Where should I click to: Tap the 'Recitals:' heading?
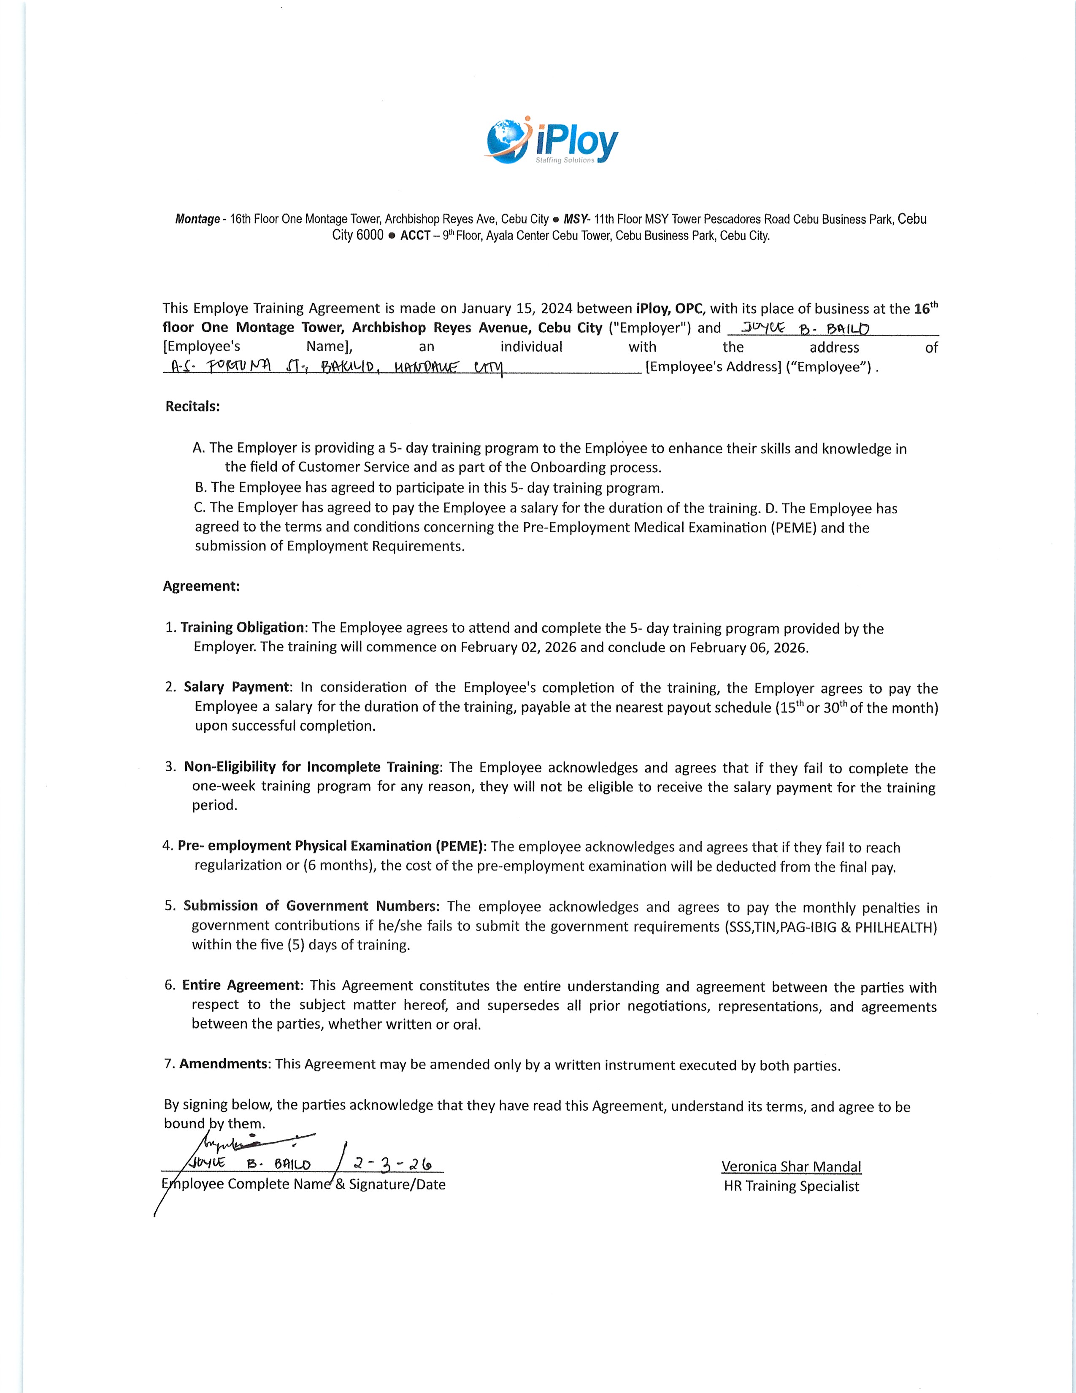192,406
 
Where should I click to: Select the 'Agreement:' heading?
201,586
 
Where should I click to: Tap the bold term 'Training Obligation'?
242,628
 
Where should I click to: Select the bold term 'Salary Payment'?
236,687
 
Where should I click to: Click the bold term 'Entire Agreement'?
241,985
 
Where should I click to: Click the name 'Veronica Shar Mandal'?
791,1167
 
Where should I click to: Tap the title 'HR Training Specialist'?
791,1186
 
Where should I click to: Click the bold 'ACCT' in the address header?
415,236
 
